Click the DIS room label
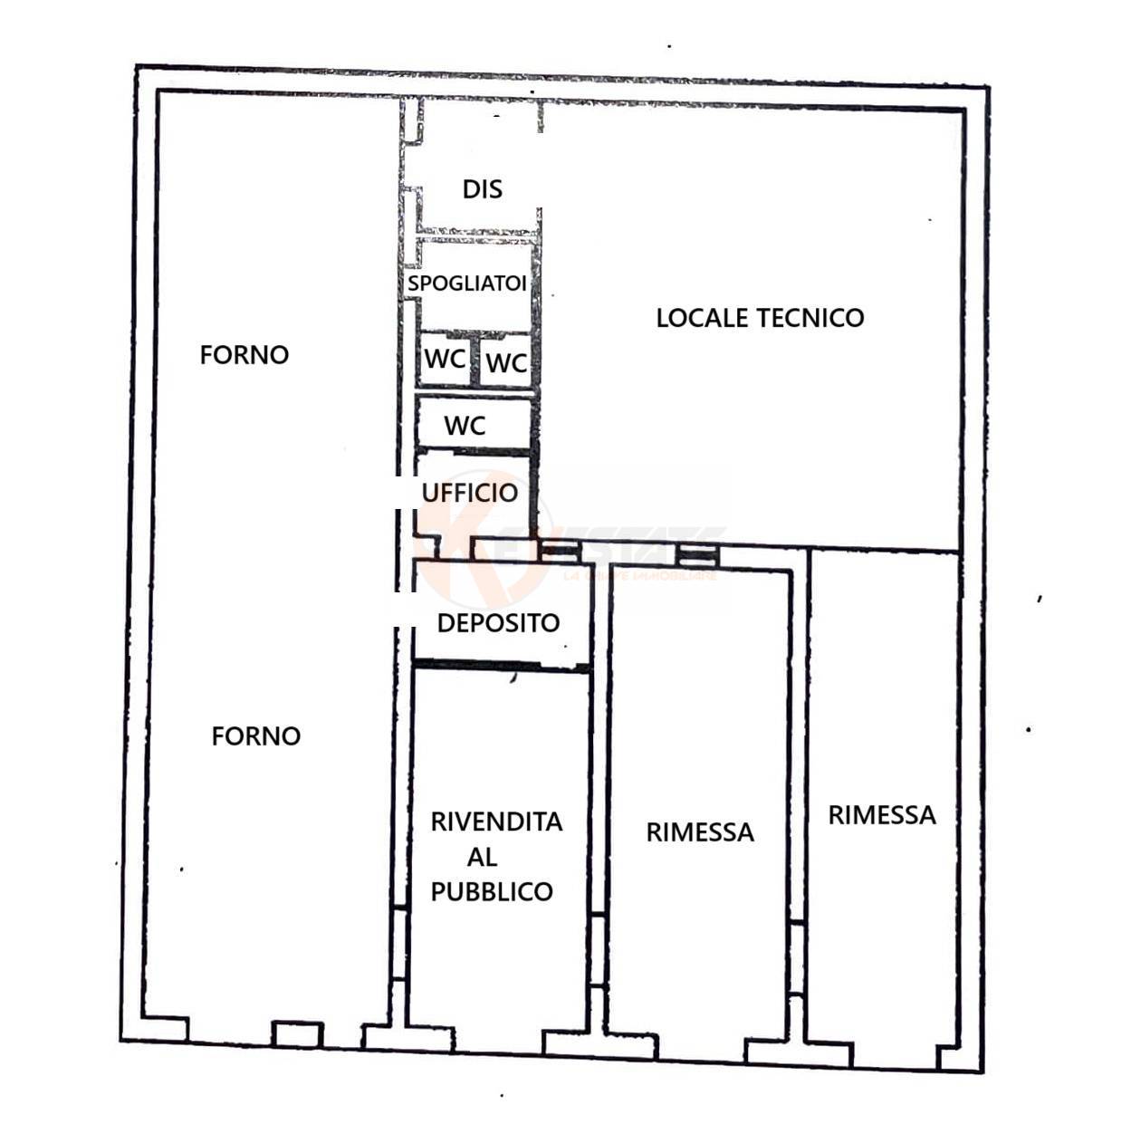tap(482, 189)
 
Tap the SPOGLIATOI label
tap(466, 283)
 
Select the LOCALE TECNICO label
tap(760, 318)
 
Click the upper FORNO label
tap(244, 355)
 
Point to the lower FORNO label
tap(256, 736)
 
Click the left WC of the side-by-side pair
tap(445, 360)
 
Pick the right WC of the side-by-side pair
tap(506, 363)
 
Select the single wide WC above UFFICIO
tap(465, 426)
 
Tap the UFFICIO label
tap(470, 493)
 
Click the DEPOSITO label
tap(498, 623)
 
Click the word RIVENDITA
tap(496, 822)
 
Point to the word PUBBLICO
tap(492, 892)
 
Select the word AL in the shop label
tap(482, 857)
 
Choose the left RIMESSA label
tap(700, 832)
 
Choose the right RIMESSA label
tap(882, 815)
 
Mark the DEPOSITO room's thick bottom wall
tap(501, 668)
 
